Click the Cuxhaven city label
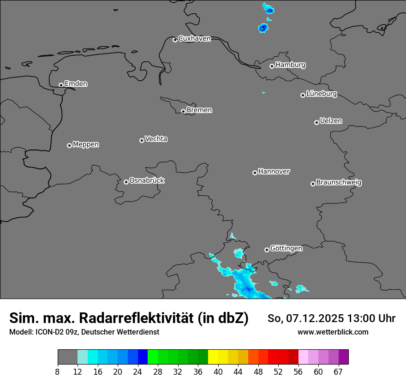point(194,39)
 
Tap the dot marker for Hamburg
point(272,66)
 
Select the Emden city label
point(76,84)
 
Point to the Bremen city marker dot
point(183,111)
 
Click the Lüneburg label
point(321,94)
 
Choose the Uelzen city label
point(331,121)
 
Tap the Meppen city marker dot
point(69,145)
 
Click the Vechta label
point(156,139)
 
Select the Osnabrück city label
point(147,180)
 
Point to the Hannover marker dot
point(255,173)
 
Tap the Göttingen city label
point(286,249)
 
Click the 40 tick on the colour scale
point(218,371)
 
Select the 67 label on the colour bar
point(338,371)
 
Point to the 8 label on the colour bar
point(58,371)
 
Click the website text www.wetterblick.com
point(333,332)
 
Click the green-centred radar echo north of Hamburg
point(263,28)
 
